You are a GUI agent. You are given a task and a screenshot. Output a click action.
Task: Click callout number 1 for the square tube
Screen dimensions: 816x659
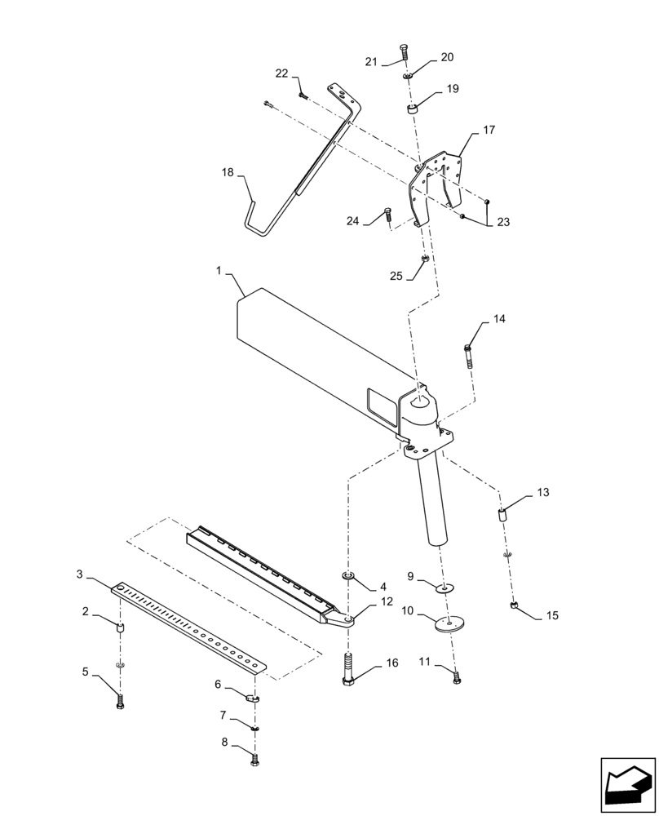click(219, 268)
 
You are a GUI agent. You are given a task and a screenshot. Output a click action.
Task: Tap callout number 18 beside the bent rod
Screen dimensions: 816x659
click(228, 172)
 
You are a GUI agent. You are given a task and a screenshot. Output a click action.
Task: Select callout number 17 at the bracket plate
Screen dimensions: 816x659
click(489, 130)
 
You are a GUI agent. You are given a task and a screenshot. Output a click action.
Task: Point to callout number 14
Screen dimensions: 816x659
click(498, 319)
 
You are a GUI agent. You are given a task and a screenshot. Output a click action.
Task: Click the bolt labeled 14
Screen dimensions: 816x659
click(469, 357)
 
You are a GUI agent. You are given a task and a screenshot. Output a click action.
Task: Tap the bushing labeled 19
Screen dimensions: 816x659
click(413, 109)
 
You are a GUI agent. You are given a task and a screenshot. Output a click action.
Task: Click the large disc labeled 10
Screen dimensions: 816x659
click(444, 624)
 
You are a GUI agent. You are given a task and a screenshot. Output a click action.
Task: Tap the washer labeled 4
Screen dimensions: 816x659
click(349, 577)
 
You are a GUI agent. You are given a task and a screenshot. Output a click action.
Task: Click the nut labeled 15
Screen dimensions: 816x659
click(514, 605)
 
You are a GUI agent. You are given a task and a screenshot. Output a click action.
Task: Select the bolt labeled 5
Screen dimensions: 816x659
click(121, 700)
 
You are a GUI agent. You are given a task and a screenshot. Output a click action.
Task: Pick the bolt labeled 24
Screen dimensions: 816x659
click(387, 216)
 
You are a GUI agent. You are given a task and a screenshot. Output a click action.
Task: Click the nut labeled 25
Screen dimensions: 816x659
click(426, 259)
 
